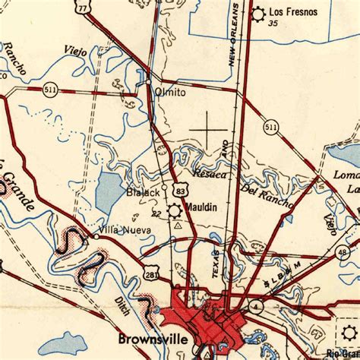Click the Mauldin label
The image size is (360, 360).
204,207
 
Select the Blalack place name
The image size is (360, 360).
143,192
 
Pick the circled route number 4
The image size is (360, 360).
258,305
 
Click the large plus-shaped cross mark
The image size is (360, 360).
210,130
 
